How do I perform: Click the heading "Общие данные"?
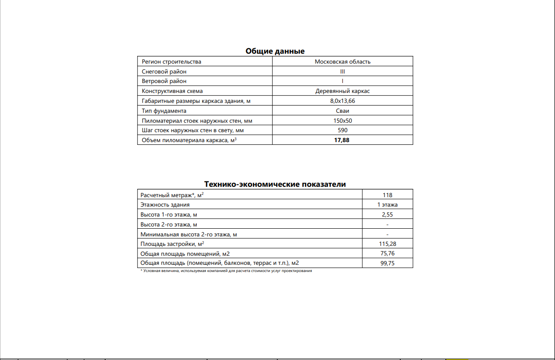click(x=275, y=51)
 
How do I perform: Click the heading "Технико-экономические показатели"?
click(x=275, y=184)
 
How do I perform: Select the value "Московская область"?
click(x=342, y=62)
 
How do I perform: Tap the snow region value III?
click(x=342, y=72)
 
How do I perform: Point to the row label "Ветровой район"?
click(x=164, y=81)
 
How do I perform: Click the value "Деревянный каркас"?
click(x=342, y=91)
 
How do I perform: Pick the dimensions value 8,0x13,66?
click(x=342, y=101)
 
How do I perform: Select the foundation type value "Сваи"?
click(x=342, y=111)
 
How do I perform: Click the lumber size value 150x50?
click(x=342, y=121)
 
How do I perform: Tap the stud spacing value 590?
click(x=342, y=130)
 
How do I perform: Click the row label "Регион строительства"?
click(x=171, y=62)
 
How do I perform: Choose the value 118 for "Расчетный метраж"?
click(x=387, y=195)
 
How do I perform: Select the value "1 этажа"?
click(x=387, y=205)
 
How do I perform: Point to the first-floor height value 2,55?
click(x=387, y=215)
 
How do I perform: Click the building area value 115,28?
click(x=387, y=244)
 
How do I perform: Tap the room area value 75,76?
click(x=387, y=254)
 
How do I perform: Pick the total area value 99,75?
click(x=387, y=263)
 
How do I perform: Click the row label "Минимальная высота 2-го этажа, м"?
click(x=189, y=234)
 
